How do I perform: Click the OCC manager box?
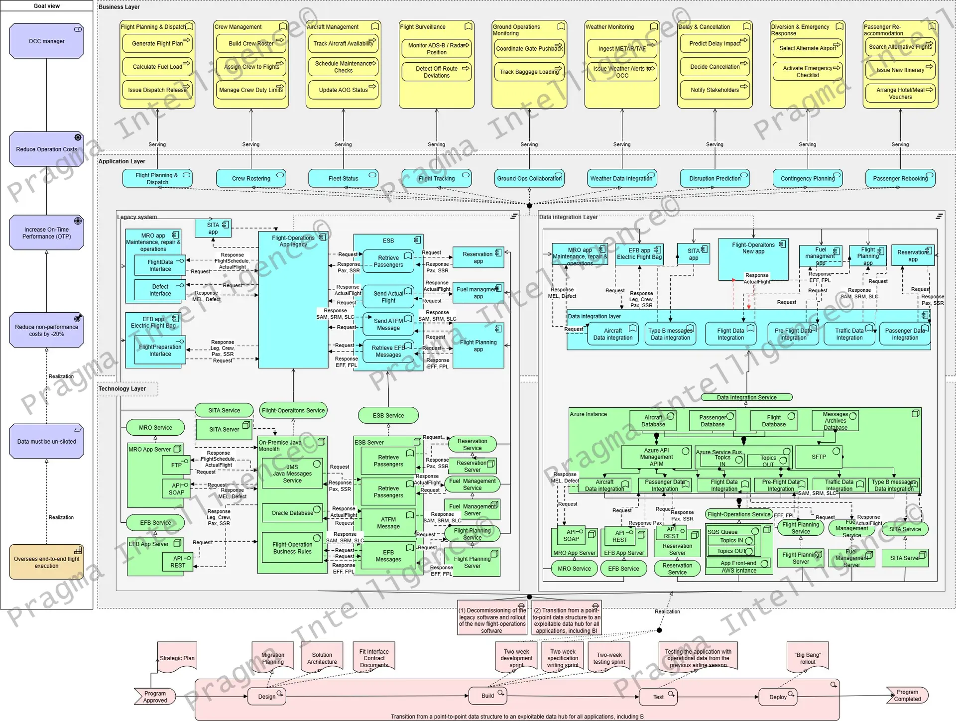(x=46, y=41)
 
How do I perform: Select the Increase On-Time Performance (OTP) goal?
(x=46, y=233)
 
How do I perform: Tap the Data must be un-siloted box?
(x=46, y=441)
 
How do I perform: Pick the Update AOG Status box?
(x=343, y=90)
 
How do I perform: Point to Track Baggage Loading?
(x=529, y=72)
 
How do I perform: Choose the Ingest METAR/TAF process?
(x=621, y=49)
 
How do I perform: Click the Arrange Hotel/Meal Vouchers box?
(x=900, y=93)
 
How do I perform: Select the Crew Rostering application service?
(x=251, y=178)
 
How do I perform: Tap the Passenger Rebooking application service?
(x=900, y=178)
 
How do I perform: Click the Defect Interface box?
(x=160, y=290)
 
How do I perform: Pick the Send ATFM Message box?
(x=388, y=324)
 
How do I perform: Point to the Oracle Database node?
(x=292, y=513)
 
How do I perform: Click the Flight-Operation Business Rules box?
(x=292, y=548)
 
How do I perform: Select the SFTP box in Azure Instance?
(x=819, y=457)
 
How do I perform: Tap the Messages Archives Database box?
(x=835, y=421)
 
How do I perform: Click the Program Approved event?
(x=155, y=697)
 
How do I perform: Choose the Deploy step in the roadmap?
(x=777, y=697)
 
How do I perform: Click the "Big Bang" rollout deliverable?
(x=808, y=658)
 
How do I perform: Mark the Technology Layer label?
(x=122, y=389)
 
